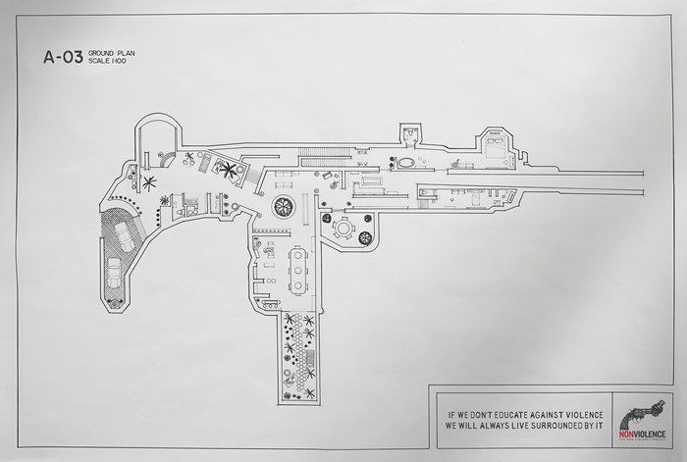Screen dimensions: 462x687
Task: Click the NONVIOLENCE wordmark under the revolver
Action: click(x=642, y=432)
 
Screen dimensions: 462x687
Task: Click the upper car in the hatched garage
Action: click(x=127, y=235)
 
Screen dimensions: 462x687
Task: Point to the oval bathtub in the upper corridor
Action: click(x=405, y=163)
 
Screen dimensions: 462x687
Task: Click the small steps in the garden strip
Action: click(x=312, y=371)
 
